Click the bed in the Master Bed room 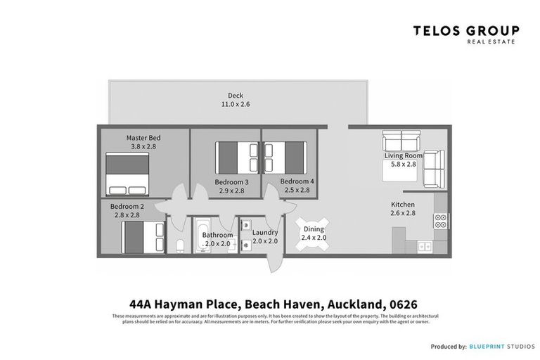[x=127, y=174]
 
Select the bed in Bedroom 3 [x=238, y=157]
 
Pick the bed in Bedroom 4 [x=285, y=156]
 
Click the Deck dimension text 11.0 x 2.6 [x=235, y=104]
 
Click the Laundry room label [x=265, y=232]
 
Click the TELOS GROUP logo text [x=465, y=31]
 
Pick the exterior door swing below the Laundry [x=274, y=263]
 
